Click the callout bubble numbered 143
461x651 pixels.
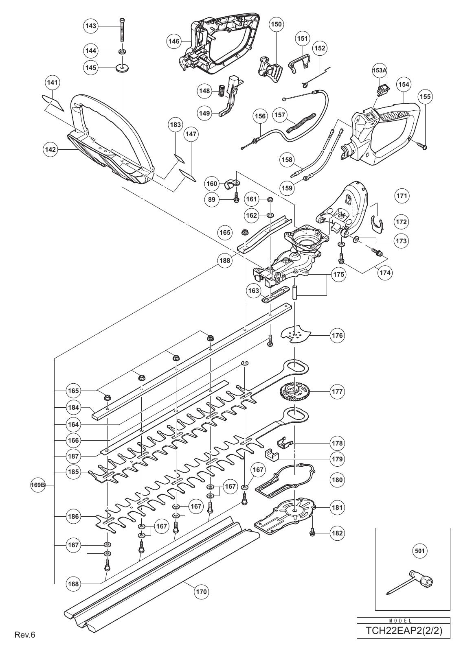91,26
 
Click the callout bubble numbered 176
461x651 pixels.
338,336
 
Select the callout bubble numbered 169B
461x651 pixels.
37,485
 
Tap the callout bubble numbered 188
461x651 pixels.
224,260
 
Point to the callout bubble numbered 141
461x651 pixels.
53,83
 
